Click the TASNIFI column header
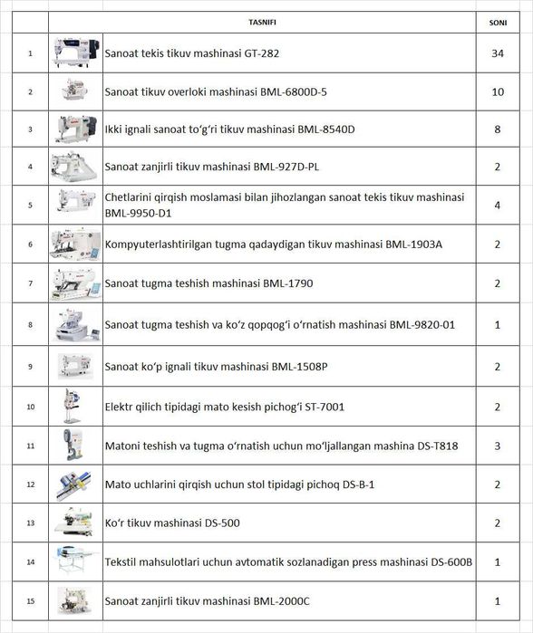262,23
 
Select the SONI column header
498,23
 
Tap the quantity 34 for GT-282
498,53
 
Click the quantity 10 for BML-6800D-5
498,92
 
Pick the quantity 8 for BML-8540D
498,129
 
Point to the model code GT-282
261,53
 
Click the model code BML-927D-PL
286,167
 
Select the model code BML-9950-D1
138,213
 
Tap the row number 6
30,245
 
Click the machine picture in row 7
75,283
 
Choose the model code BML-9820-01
422,324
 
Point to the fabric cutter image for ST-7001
72,406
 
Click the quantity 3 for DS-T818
498,446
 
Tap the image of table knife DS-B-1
73,484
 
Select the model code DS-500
222,523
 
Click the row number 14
31,562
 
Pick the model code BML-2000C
281,601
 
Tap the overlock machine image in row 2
74,90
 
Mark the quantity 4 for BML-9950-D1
498,205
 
